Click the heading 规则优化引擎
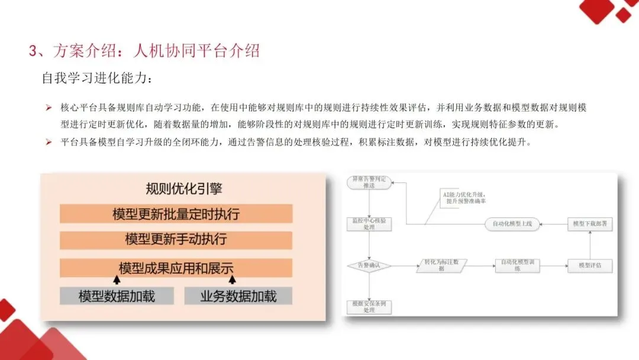(x=184, y=189)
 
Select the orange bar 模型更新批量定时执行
(x=176, y=214)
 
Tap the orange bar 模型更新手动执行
(x=176, y=240)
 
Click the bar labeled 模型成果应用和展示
(x=176, y=268)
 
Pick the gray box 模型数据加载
(x=117, y=296)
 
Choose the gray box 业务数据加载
(x=238, y=296)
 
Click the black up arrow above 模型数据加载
(x=117, y=279)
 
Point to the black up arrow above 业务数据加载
(x=233, y=279)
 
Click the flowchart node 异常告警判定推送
(x=369, y=182)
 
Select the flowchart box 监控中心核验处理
(x=369, y=224)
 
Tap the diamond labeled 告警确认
(x=369, y=266)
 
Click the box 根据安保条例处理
(x=369, y=307)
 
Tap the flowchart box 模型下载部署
(x=590, y=224)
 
